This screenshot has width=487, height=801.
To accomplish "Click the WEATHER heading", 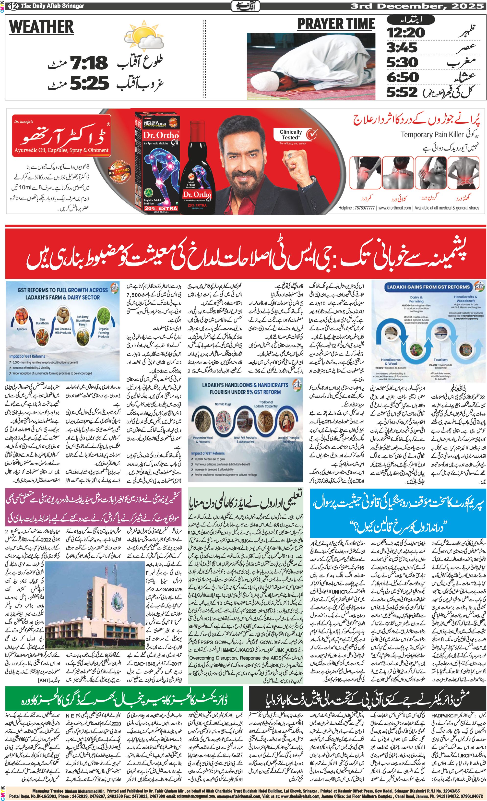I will click(x=41, y=27).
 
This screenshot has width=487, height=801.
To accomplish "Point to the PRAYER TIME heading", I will click(x=336, y=24).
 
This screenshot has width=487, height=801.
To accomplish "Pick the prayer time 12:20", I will click(x=405, y=33).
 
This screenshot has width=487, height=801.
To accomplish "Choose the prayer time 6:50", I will click(x=403, y=77).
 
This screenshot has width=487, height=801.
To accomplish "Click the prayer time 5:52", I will click(x=402, y=92).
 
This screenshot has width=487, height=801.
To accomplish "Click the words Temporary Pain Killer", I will click(x=432, y=135).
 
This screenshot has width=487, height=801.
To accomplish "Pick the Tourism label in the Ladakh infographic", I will click(x=440, y=360).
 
